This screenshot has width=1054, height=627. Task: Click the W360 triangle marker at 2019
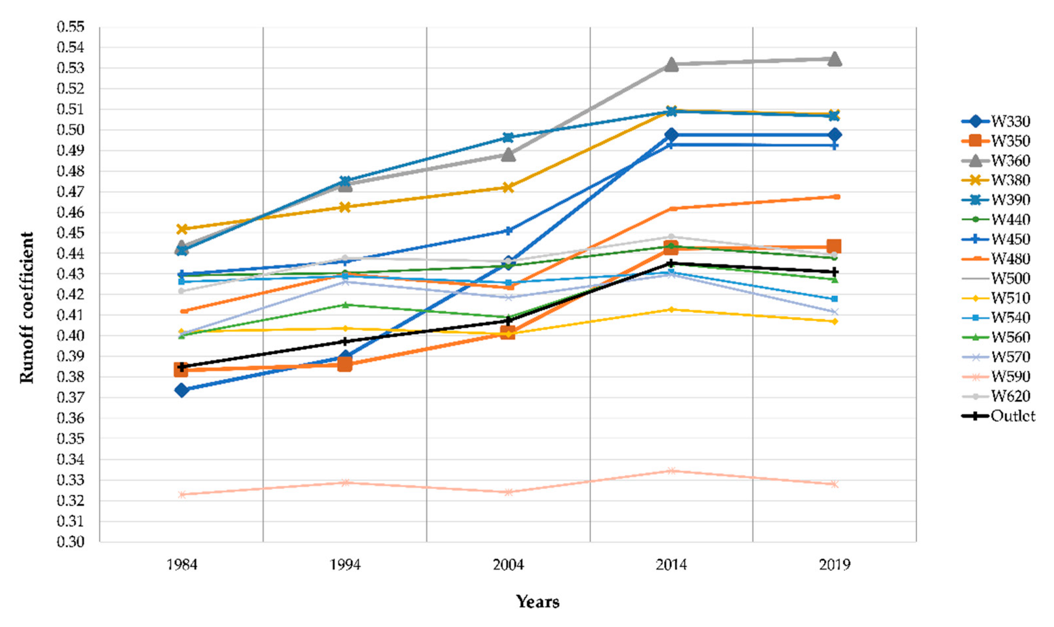tap(834, 59)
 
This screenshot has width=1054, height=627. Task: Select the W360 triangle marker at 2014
tap(671, 65)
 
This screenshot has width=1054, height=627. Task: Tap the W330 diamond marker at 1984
tap(182, 390)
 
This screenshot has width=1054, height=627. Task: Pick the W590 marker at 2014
tap(671, 471)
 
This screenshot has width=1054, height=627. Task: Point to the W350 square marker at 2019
tap(834, 246)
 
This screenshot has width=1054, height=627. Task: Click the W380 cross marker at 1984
tap(182, 229)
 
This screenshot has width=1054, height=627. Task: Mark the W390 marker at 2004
tap(508, 137)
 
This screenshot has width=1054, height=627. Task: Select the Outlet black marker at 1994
tap(345, 341)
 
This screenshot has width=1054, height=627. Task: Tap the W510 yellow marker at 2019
tap(834, 321)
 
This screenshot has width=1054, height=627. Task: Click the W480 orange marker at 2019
tap(835, 197)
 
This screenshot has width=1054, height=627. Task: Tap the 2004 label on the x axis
tap(508, 565)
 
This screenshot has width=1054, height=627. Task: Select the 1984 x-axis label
tap(182, 565)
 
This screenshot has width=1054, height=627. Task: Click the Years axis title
tap(537, 601)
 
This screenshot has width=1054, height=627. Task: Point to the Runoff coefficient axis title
tap(27, 307)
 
